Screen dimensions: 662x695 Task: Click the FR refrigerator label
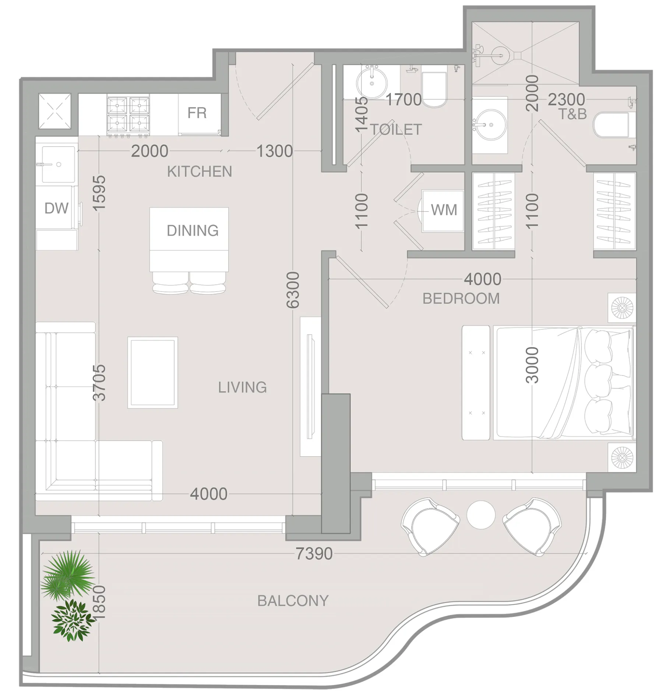tap(197, 113)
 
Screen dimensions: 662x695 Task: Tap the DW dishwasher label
tap(56, 208)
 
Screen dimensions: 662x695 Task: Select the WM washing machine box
tap(443, 211)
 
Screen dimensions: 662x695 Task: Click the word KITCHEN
tap(200, 172)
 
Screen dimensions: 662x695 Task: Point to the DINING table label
tap(193, 230)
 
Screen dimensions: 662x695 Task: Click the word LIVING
tap(242, 387)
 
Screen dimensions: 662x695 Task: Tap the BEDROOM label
tap(461, 299)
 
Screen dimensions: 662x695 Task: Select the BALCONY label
tap(293, 601)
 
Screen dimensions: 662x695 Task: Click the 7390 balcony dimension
tap(314, 553)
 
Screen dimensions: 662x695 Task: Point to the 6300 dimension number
tap(293, 290)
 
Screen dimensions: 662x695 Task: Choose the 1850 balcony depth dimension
tap(99, 603)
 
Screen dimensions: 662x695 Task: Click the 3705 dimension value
tap(99, 383)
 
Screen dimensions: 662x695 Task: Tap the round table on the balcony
tap(481, 514)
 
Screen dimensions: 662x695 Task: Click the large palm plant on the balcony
tap(67, 576)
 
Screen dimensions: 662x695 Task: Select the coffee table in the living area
tap(153, 373)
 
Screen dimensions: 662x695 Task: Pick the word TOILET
tap(396, 130)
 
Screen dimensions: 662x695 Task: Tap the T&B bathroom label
tap(573, 114)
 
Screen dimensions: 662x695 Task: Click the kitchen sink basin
tap(59, 165)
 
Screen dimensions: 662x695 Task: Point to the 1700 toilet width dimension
tap(404, 99)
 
